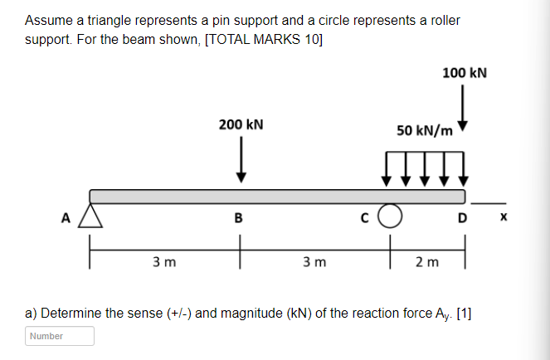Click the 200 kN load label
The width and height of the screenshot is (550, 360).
[x=241, y=124]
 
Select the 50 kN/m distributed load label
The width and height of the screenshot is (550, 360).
[x=424, y=131]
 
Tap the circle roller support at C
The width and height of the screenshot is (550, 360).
[x=391, y=215]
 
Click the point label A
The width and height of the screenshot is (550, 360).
[x=66, y=218]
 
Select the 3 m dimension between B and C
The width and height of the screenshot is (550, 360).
[x=315, y=263]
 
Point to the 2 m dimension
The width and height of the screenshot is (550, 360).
[x=427, y=263]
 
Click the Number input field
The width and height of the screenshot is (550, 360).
[x=59, y=336]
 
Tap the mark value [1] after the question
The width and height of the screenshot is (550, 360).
[x=475, y=314]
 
